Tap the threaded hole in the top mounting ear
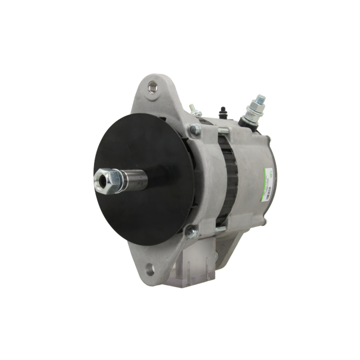pos(153,87)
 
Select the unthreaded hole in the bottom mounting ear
pos(150,269)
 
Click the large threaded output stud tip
pos(261,98)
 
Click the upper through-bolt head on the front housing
pos(195,129)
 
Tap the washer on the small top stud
pos(196,113)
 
